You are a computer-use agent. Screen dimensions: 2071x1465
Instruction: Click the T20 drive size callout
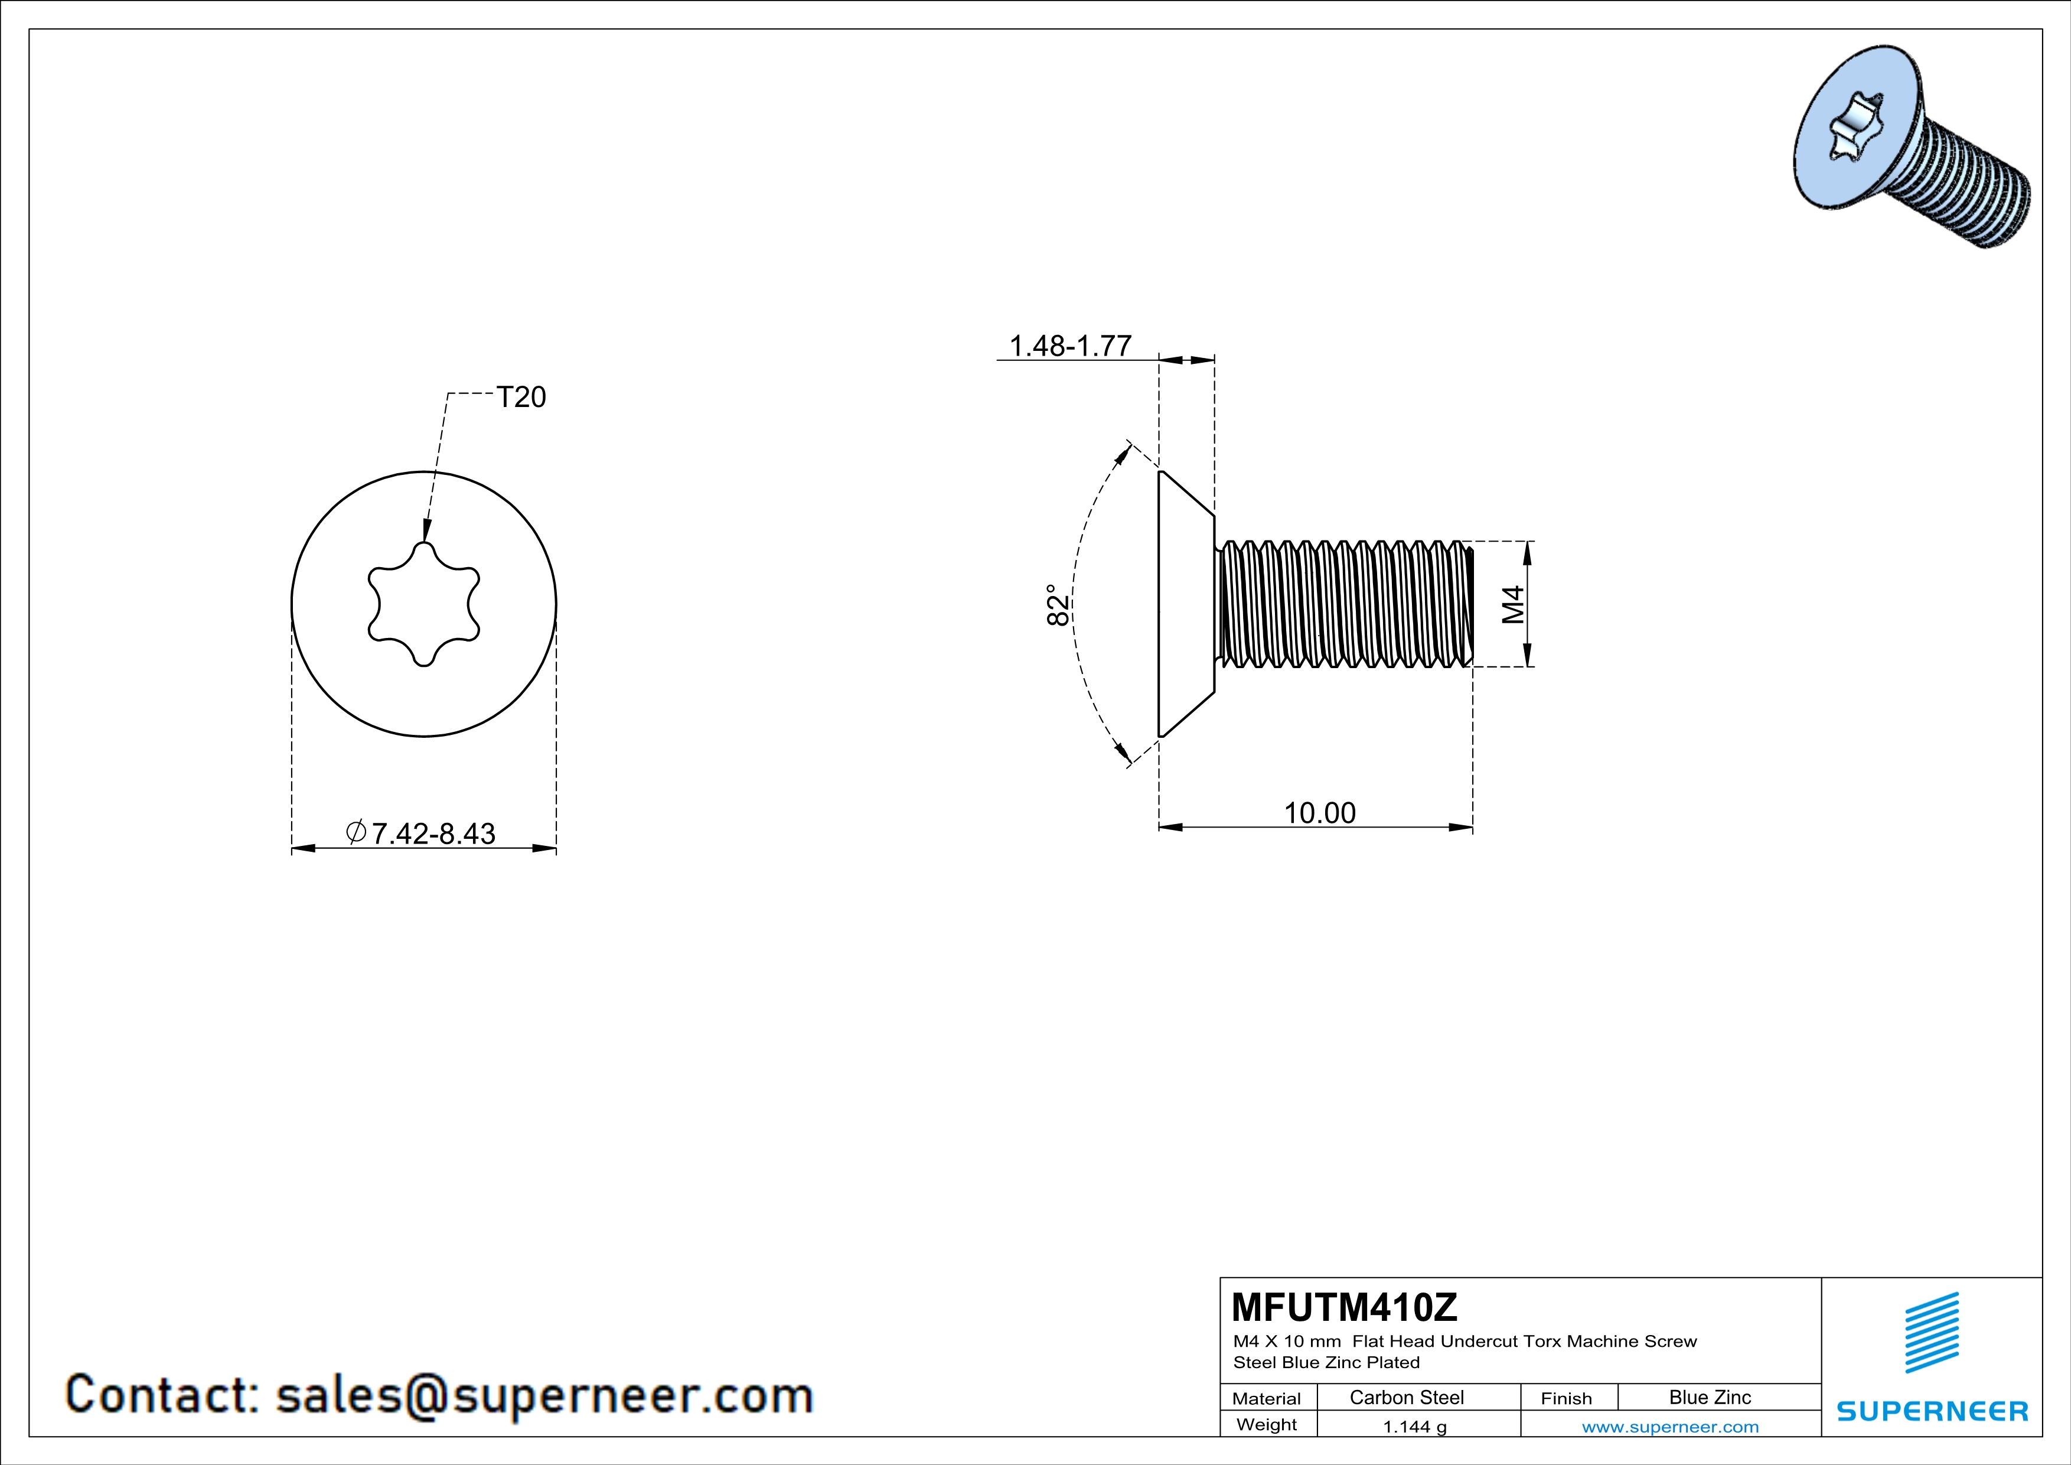tap(521, 397)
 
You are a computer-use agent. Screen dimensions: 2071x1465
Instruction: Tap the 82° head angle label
tap(1058, 604)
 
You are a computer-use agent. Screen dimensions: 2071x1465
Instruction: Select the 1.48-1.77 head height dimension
tap(1070, 346)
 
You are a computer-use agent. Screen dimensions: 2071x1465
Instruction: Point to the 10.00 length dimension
tap(1320, 813)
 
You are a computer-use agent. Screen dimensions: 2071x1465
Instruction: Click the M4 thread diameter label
tap(1513, 604)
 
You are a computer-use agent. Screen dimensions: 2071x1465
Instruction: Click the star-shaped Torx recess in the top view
tap(424, 604)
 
